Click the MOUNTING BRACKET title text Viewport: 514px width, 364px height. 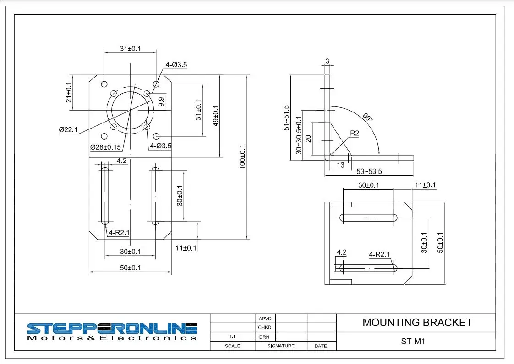click(417, 322)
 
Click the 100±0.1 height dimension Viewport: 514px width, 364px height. click(243, 157)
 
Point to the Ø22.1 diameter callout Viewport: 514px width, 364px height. click(68, 130)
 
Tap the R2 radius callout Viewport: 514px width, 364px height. click(355, 133)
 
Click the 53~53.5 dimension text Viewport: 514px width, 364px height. click(369, 171)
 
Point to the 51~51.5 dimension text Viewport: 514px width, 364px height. click(286, 118)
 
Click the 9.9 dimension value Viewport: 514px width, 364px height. click(161, 102)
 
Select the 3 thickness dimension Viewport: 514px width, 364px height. click(327, 61)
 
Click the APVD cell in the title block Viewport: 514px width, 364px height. click(265, 318)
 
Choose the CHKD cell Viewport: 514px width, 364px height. click(265, 327)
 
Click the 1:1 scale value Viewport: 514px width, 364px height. click(232, 336)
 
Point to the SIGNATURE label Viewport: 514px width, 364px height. click(281, 346)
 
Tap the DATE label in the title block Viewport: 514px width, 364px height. click(321, 346)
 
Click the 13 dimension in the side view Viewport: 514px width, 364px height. click(340, 164)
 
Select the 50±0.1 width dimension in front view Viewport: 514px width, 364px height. click(130, 268)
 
